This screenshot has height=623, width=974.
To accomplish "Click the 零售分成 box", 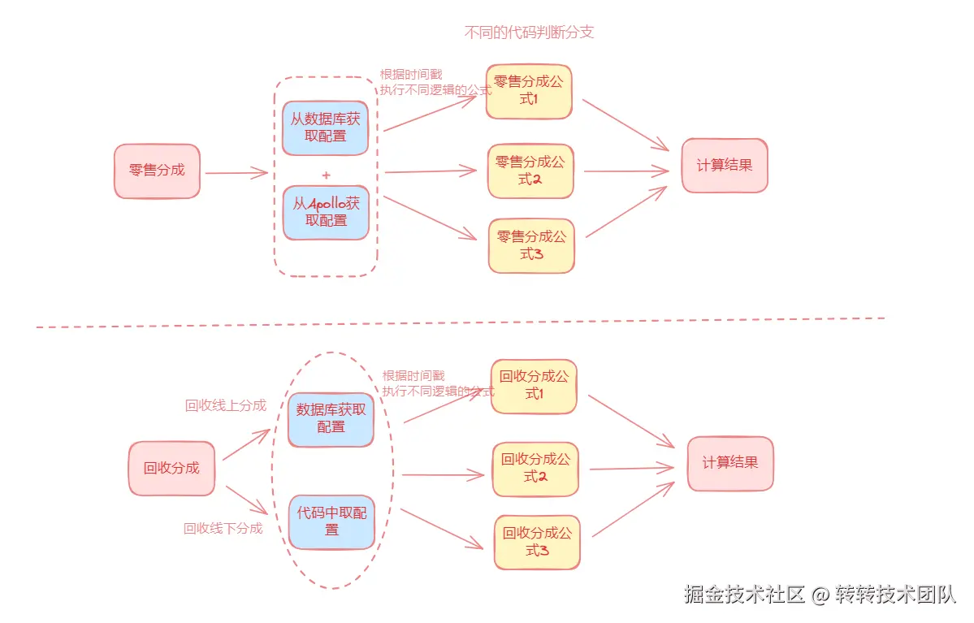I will (157, 171).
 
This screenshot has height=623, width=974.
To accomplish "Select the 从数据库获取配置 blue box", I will (325, 128).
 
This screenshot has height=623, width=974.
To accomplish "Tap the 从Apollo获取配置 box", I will (326, 212).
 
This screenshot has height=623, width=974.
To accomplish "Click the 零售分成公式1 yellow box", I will (529, 91).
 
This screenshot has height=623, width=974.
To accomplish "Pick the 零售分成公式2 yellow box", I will (530, 171).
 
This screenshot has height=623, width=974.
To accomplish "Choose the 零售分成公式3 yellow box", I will (531, 245).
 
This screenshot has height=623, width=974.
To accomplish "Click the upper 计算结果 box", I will (725, 166).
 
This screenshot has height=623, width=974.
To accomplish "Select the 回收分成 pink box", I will (171, 469).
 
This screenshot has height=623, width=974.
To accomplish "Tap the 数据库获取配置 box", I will (331, 418).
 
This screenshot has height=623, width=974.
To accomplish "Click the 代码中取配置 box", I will (331, 521).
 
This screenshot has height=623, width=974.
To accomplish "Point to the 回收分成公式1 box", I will (534, 386).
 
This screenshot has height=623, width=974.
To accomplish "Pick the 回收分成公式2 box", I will (535, 469).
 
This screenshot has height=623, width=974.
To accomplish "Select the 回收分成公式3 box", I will (537, 542).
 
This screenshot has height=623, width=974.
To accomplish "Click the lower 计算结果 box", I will (730, 463).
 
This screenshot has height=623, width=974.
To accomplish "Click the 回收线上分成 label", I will (225, 405).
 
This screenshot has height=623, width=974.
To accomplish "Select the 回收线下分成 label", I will (223, 528).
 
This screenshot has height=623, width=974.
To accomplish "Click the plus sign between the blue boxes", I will (326, 175).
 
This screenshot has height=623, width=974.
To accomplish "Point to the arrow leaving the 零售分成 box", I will (236, 172).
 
